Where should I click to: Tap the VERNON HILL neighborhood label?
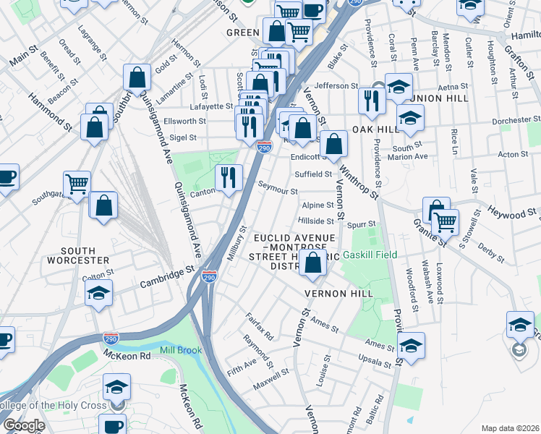tap(338, 293)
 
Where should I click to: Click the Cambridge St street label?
tap(169, 274)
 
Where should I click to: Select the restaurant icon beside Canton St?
tap(229, 177)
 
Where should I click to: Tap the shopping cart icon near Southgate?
tap(77, 184)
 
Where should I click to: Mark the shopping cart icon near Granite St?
tap(445, 221)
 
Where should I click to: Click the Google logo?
tap(24, 425)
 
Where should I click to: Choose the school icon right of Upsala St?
tap(411, 345)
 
